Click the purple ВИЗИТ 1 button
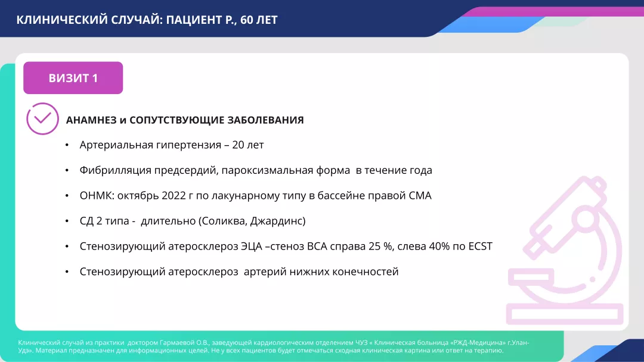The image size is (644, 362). tap(73, 78)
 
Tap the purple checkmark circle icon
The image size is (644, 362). tap(42, 118)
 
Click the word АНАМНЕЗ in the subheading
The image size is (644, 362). tap(91, 120)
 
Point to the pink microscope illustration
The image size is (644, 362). tap(563, 250)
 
